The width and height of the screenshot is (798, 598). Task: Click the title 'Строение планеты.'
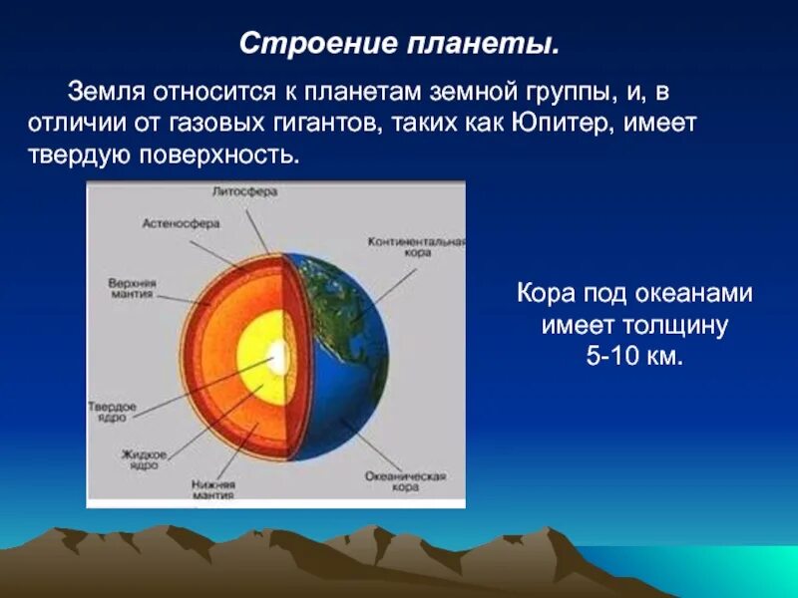400,45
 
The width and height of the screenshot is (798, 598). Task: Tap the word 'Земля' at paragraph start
105,93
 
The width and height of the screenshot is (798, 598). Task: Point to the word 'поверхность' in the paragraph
232,156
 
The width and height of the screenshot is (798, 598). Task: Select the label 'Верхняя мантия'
133,288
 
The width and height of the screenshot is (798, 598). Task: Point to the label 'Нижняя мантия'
213,488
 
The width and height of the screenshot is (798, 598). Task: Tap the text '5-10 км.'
634,356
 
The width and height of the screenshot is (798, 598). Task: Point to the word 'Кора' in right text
543,294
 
